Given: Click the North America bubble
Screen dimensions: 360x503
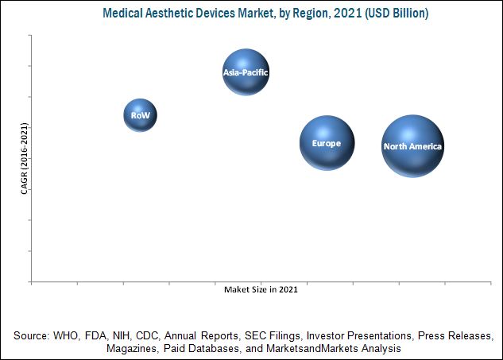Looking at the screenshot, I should point(412,146).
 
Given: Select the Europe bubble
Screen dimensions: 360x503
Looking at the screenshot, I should point(327,143).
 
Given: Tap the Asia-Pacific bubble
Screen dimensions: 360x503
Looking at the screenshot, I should point(246,72).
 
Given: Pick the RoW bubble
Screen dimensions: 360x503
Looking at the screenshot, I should point(141,115).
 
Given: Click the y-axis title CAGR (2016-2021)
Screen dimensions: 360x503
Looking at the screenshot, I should point(25,159).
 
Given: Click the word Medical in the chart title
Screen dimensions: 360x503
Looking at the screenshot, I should point(123,14).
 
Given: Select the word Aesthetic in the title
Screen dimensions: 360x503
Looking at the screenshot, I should point(169,14).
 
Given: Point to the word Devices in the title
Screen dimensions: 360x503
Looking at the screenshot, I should point(216,14).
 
